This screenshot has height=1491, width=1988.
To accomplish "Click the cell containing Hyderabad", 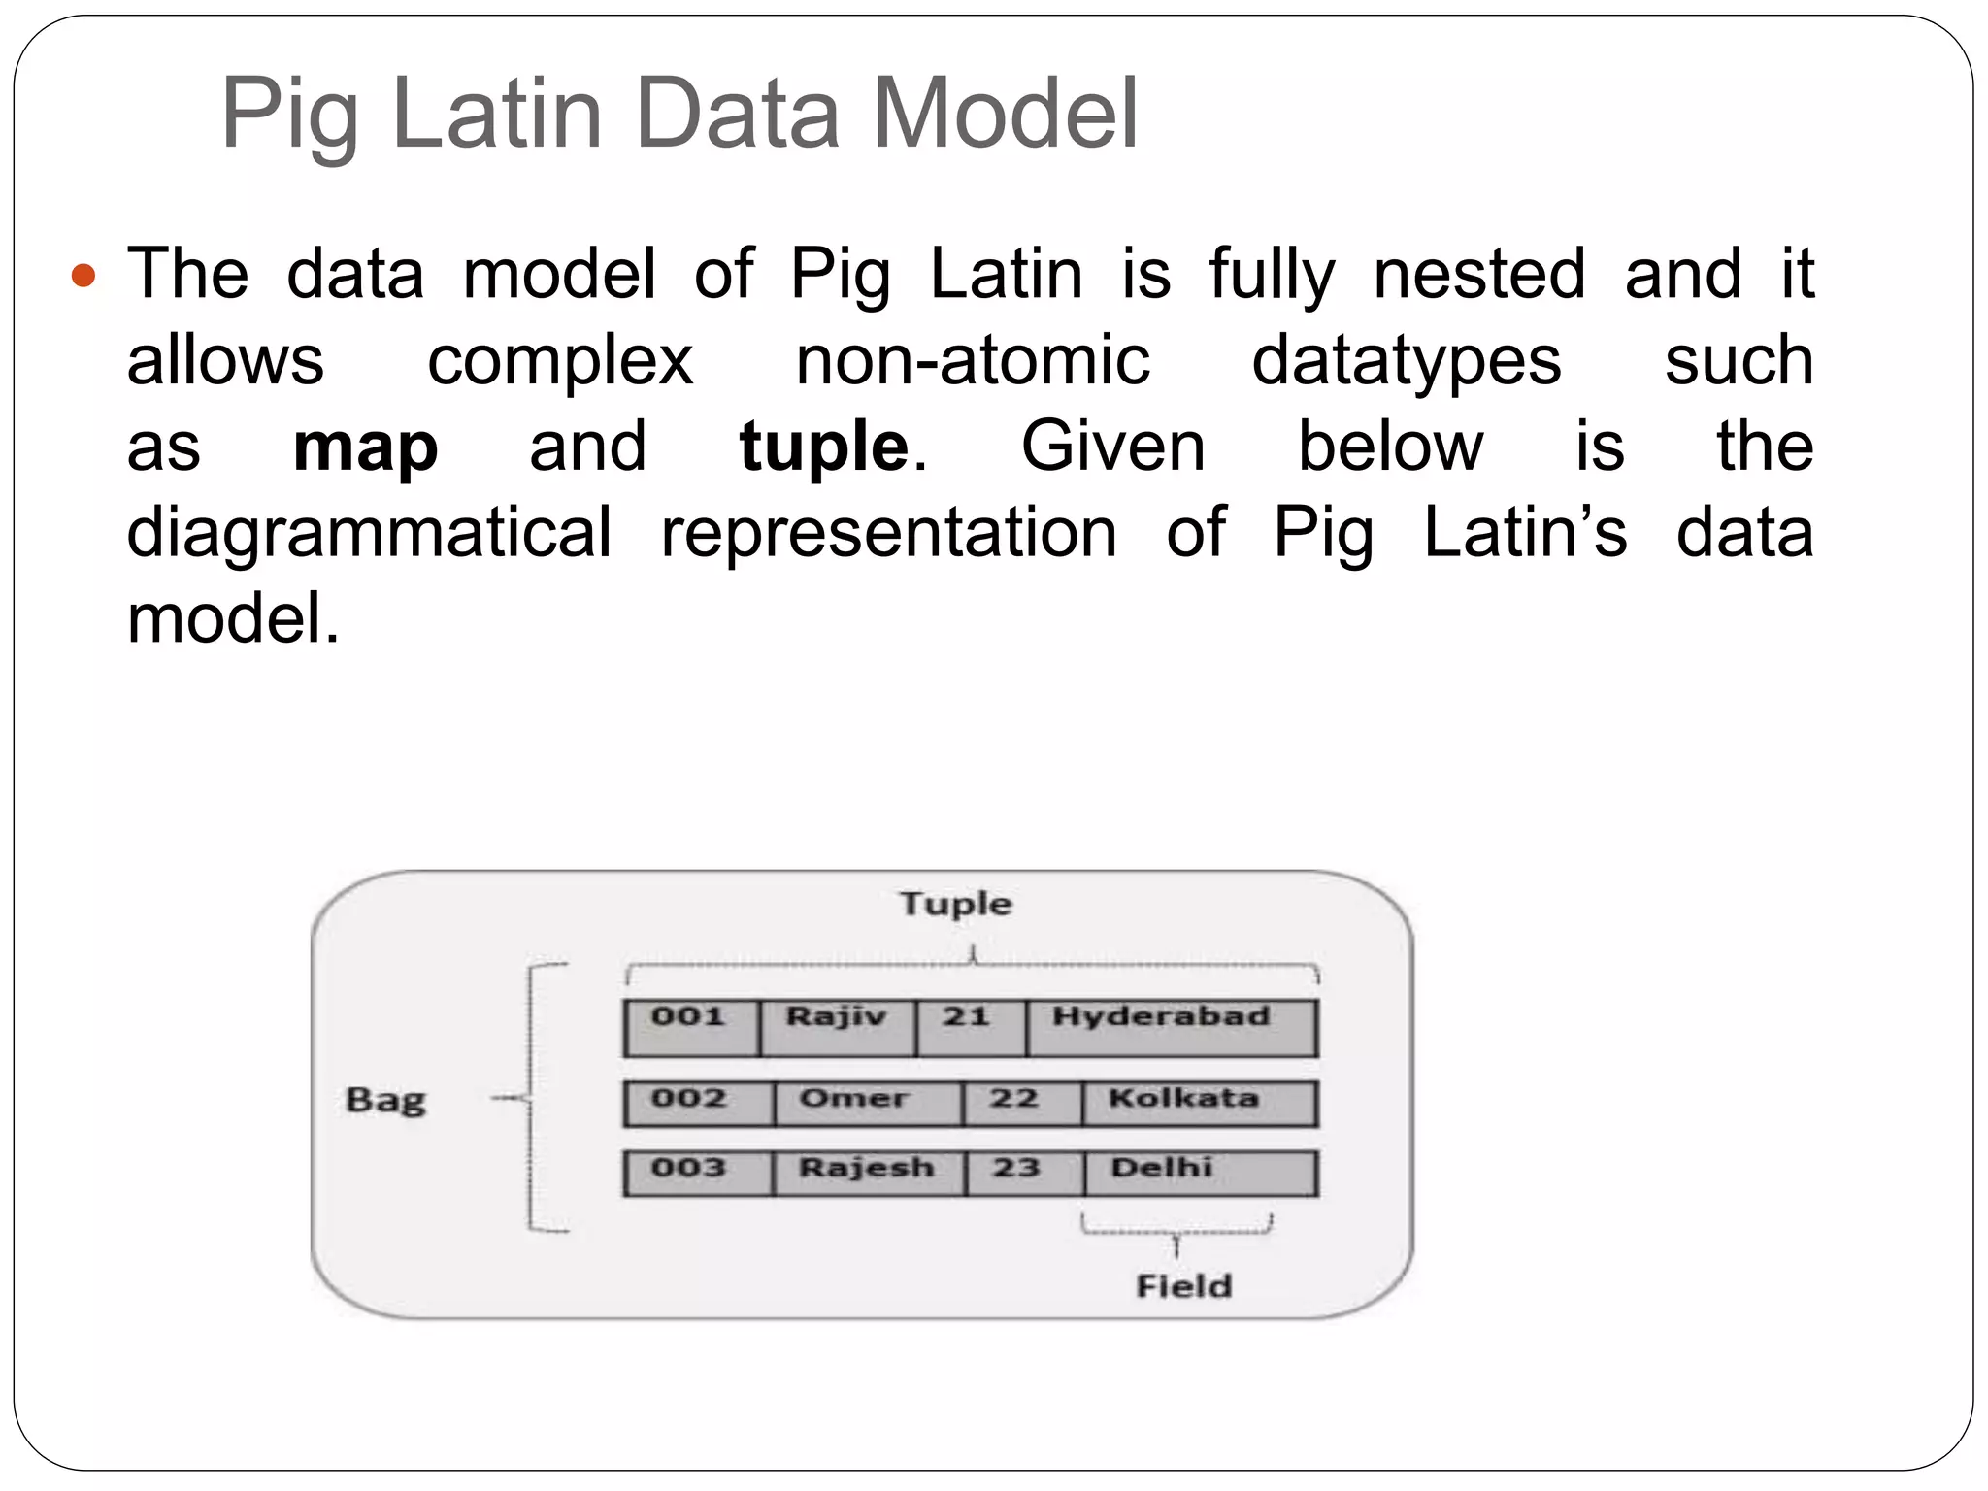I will (1171, 1027).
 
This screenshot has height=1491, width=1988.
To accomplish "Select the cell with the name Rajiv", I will (837, 1027).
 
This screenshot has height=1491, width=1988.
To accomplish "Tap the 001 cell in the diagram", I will (690, 1027).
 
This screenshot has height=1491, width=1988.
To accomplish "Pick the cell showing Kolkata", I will (1199, 1104).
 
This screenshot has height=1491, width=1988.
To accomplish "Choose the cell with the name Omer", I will (868, 1104).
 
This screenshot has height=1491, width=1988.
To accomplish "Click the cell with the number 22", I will (1021, 1104).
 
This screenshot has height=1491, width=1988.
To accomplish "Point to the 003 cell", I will (697, 1173).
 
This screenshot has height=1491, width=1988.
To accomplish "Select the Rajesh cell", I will (869, 1173).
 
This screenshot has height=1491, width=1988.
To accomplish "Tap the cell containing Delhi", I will (1200, 1173).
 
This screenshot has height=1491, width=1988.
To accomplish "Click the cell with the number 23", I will (1024, 1173).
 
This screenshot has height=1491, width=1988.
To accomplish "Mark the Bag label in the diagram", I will (385, 1100).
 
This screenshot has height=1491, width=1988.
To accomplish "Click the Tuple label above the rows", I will (956, 904).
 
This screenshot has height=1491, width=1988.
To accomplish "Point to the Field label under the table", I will (1183, 1286).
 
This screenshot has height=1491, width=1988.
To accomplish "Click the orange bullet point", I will (84, 277).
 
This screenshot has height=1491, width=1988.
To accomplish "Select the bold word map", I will (365, 447).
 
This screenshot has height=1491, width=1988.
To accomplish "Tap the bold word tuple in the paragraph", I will (824, 447).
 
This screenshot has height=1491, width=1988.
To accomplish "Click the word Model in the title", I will (1005, 115).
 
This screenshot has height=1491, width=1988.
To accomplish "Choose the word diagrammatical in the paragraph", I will (370, 533).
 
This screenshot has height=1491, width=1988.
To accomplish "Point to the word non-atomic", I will (973, 361).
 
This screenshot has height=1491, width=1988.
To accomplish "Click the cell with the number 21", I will (968, 1027).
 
